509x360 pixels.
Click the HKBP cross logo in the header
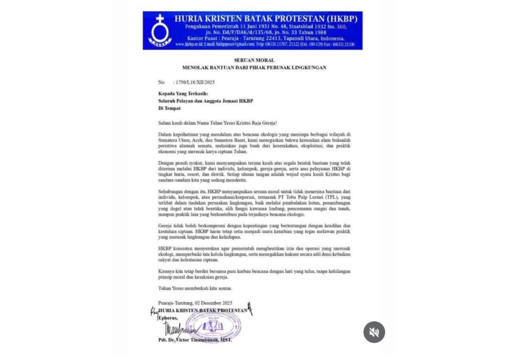point(159,30)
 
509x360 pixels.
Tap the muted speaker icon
point(374,332)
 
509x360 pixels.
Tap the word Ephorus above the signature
point(167,318)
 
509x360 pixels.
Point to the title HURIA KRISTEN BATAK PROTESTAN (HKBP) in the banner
point(266,19)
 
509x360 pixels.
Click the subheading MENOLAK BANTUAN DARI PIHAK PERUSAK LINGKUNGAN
point(254,67)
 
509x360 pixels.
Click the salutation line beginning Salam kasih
point(217,123)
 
